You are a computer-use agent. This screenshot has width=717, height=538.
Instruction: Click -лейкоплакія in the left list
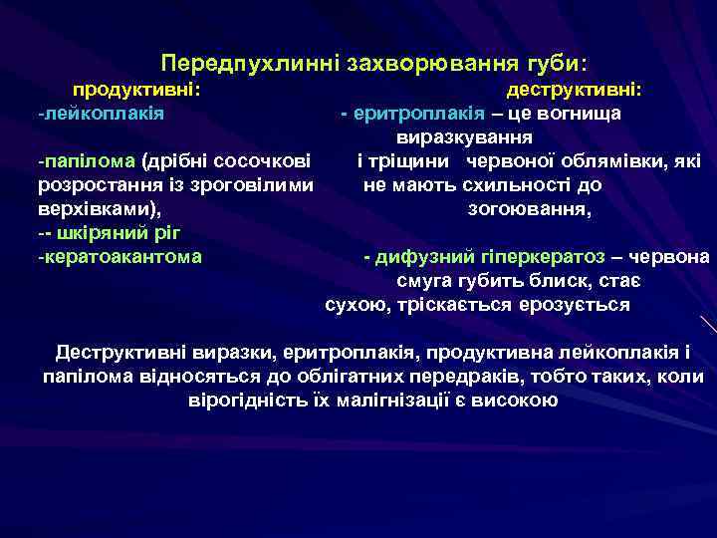pos(101,113)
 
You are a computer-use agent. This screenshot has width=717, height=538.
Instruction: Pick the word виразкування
pos(463,136)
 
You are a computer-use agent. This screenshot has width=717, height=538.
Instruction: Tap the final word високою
pos(520,401)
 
